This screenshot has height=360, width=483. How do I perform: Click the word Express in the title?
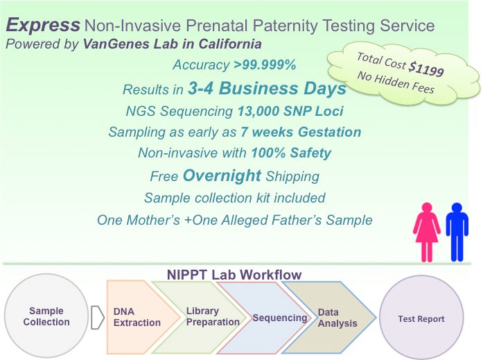click(43, 26)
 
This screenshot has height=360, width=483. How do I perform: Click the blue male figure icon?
click(457, 231)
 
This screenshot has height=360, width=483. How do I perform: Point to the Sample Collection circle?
click(46, 316)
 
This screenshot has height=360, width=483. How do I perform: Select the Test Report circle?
click(421, 319)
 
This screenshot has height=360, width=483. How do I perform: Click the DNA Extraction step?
click(137, 318)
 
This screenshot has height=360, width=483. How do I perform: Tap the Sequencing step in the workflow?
click(279, 318)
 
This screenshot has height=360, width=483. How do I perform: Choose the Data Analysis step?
click(337, 318)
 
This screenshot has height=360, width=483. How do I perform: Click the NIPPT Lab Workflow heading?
click(234, 275)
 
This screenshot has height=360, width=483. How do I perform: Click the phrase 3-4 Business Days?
click(267, 89)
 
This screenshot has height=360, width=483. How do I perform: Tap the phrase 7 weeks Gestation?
click(301, 132)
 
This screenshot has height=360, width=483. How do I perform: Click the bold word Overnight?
click(222, 175)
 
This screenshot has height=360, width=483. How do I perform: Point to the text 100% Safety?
click(292, 153)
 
